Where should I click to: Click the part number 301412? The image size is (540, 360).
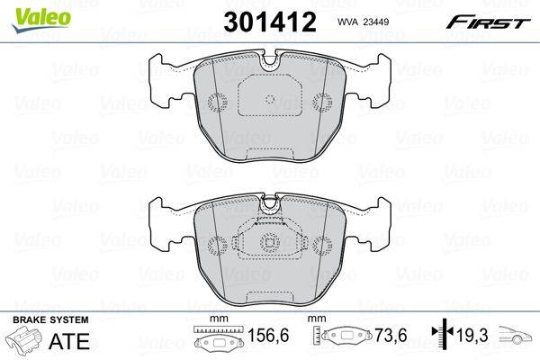tap(270, 22)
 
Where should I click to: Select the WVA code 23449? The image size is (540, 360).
tap(377, 22)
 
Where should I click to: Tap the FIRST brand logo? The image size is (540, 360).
tap(488, 22)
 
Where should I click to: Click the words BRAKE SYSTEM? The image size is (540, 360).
tap(50, 319)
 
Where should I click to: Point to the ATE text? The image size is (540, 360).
tap(69, 341)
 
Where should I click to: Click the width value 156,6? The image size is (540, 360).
tap(268, 335)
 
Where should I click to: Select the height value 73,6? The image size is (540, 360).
tap(391, 335)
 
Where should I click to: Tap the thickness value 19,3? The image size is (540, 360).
tap(472, 335)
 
